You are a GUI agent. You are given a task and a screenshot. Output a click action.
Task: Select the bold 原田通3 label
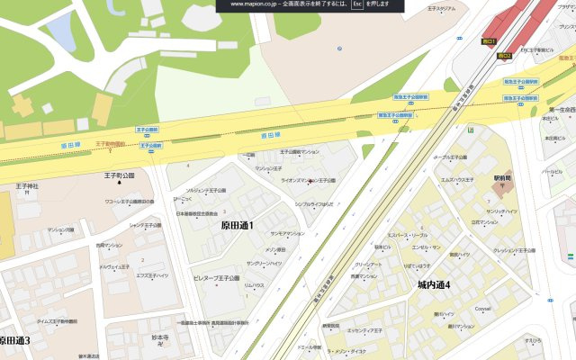pos(14,340)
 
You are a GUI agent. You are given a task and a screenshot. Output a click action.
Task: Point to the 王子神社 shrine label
pos(27,187)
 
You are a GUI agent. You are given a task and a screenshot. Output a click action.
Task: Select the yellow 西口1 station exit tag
pos(490,41)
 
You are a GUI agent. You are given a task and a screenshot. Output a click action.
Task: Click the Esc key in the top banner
pos(357,4)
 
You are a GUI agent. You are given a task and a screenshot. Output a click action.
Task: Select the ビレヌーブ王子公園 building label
pos(216,279)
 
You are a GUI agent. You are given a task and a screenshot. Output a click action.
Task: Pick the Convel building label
pos(482,309)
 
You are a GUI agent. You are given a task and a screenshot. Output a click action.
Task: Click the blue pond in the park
pos(61,31)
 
